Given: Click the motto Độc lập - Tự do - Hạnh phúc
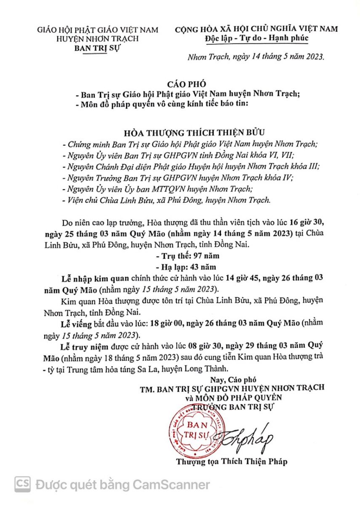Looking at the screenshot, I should click(x=256, y=39).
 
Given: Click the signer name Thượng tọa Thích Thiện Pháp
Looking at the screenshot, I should click(x=232, y=462).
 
